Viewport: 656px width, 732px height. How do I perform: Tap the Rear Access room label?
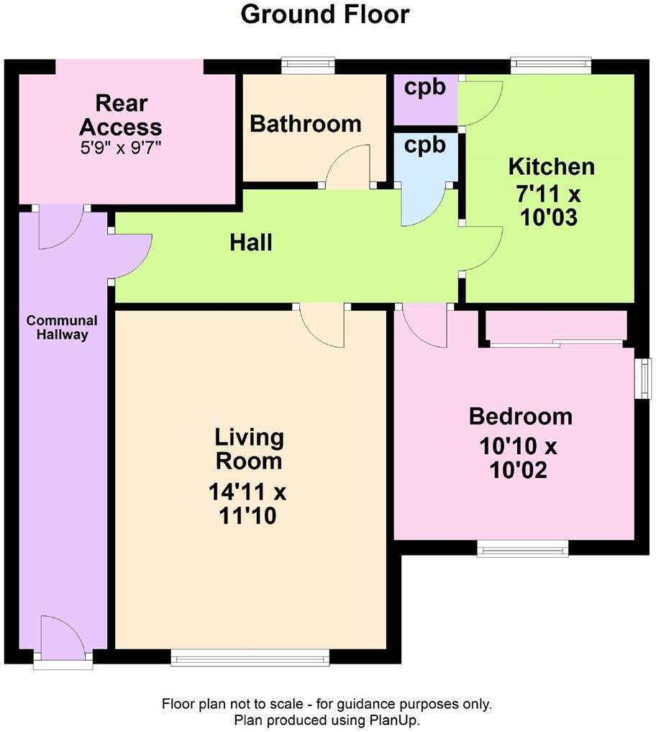tap(120, 115)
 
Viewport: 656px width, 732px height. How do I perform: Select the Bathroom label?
tap(305, 124)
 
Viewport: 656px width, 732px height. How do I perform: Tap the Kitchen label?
tap(551, 167)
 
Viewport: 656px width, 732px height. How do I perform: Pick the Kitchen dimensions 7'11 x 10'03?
tap(551, 205)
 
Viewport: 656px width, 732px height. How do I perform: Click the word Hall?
tap(251, 243)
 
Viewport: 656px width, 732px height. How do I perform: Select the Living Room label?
tap(249, 448)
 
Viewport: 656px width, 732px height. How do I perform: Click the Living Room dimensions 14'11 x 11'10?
tap(248, 505)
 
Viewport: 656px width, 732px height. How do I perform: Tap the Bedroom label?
tap(520, 417)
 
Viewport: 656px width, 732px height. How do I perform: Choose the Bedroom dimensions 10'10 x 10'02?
tap(519, 458)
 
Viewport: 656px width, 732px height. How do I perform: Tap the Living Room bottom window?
tap(250, 656)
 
